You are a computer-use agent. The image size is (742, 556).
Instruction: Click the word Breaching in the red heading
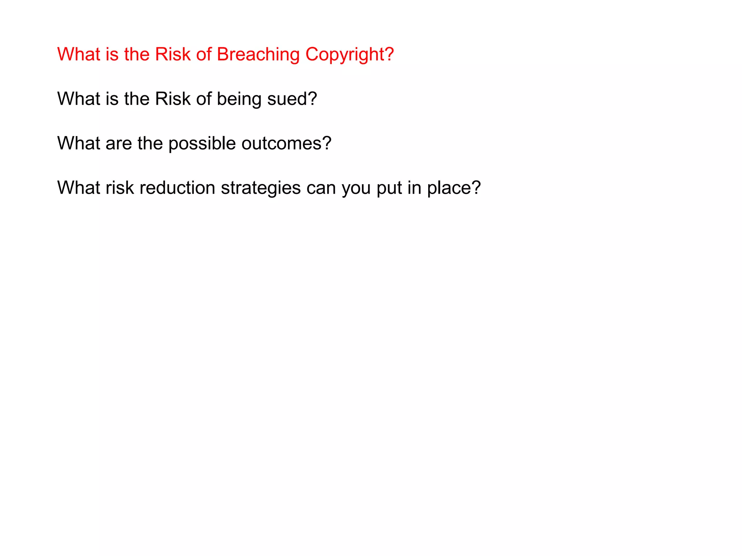[x=258, y=55]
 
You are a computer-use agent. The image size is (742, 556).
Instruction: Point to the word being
[x=239, y=99]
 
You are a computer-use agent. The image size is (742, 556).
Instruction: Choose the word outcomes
[x=282, y=144]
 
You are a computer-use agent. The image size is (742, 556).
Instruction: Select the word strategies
[x=261, y=188]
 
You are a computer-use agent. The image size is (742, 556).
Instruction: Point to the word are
[x=118, y=144]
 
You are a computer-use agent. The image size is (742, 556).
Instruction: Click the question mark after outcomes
[x=327, y=144]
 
